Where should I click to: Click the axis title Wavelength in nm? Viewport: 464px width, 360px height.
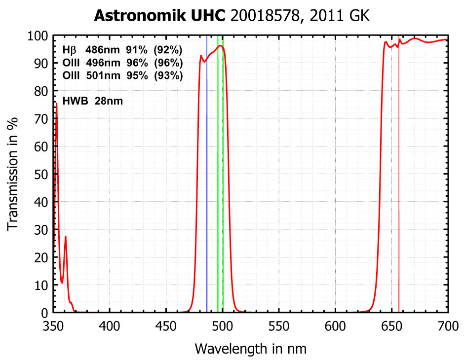250,349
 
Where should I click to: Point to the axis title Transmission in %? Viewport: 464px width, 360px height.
13,174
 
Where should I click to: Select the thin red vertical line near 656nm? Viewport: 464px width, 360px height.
399,197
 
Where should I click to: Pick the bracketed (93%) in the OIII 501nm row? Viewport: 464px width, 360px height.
168,76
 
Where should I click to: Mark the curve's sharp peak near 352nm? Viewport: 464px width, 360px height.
56,103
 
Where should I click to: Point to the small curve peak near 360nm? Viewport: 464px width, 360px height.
65,237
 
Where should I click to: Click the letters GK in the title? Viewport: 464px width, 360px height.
359,16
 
